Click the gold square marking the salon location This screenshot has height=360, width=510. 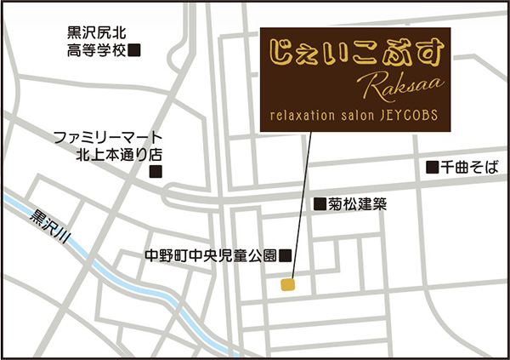coord(289,285)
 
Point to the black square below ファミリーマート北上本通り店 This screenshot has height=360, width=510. coord(156,171)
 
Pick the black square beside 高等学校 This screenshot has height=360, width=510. coord(134,51)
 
